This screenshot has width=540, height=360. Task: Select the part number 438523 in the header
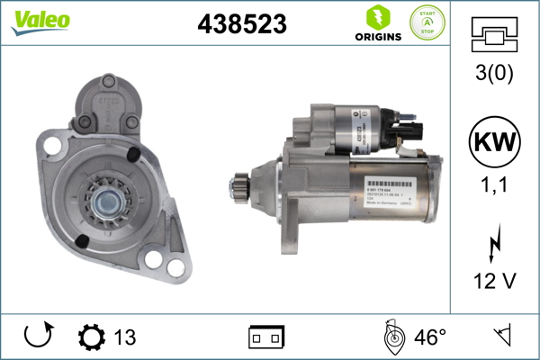point(241,25)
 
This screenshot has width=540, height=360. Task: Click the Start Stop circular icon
point(427,22)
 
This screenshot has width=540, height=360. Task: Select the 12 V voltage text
point(494,282)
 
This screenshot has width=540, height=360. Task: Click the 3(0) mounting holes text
point(494,76)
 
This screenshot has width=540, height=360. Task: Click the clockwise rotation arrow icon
point(38,337)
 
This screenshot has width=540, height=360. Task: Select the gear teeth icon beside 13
point(92,337)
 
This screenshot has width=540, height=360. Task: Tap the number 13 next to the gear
point(125,337)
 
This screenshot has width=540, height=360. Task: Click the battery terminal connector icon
point(266,337)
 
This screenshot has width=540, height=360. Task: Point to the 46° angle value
point(430,337)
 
